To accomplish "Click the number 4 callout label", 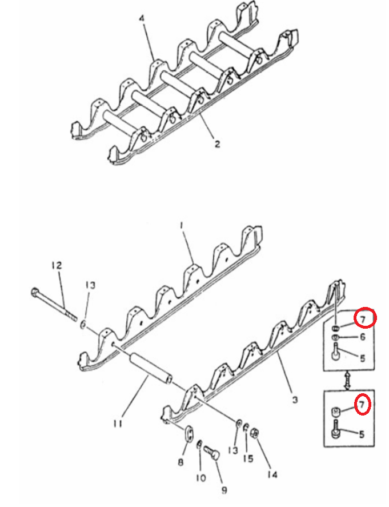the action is point(142,18).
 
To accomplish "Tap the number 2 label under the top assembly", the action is point(218,143).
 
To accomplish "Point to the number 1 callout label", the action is point(182,225).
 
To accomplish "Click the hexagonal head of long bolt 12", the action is point(35,293).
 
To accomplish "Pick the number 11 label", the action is point(118,423).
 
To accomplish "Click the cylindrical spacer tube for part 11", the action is point(150,368).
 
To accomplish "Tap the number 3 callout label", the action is point(295,400).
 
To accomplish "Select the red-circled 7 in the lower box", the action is point(362,404).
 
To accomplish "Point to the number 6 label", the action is point(363,337).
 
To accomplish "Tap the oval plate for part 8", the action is point(189,433).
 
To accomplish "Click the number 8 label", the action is point(181,462).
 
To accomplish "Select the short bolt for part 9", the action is point(212,452).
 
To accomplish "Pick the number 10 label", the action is point(200,478).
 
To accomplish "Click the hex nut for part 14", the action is point(255,433).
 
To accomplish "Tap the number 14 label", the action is point(272,474).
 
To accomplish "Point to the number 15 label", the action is point(248,458).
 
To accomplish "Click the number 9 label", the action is point(224,490).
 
